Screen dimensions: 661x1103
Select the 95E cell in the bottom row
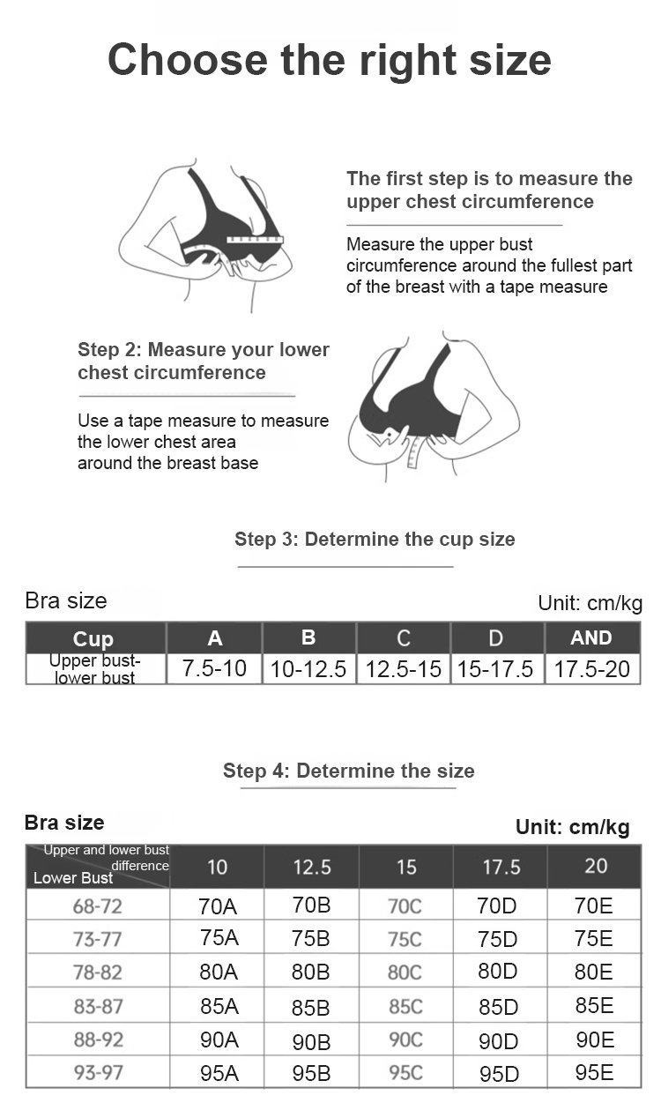pyautogui.click(x=595, y=1072)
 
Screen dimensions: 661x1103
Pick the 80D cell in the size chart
pyautogui.click(x=498, y=971)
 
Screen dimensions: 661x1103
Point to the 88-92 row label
pyautogui.click(x=99, y=1040)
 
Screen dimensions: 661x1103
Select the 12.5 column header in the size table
pyautogui.click(x=312, y=867)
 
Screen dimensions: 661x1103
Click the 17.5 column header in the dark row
pyautogui.click(x=501, y=867)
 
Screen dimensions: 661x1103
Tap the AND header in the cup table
pyautogui.click(x=591, y=637)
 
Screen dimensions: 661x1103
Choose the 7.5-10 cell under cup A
pyautogui.click(x=214, y=668)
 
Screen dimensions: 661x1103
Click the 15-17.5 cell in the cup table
pyautogui.click(x=495, y=669)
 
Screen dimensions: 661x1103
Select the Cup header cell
pyautogui.click(x=93, y=638)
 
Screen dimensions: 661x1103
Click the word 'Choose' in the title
pyautogui.click(x=188, y=60)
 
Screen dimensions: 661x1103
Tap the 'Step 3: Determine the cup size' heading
pyautogui.click(x=375, y=540)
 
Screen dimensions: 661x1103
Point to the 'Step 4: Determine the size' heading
pyautogui.click(x=348, y=771)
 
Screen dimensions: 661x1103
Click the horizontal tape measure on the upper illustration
pyautogui.click(x=255, y=240)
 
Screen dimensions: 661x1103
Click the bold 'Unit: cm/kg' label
pyautogui.click(x=572, y=827)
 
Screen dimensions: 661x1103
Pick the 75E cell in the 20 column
pyautogui.click(x=593, y=938)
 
